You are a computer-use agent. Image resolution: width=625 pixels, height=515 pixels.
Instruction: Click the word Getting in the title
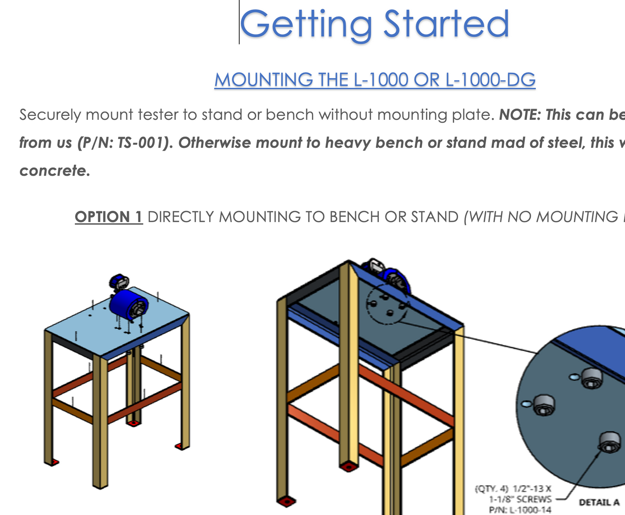[x=306, y=25]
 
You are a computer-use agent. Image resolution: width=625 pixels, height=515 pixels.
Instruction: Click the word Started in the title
[x=446, y=23]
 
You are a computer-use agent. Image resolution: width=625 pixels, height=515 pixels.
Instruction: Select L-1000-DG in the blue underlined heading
[x=490, y=80]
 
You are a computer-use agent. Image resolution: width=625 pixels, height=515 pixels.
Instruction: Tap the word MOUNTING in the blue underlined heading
[x=264, y=80]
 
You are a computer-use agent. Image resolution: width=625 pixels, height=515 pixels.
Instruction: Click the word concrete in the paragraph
[x=53, y=171]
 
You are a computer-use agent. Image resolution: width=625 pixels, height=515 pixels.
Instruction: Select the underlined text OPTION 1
[x=109, y=217]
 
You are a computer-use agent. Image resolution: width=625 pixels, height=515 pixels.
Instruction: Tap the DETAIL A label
[x=599, y=502]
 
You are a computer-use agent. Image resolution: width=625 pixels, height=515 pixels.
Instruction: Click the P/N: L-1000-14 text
[x=520, y=510]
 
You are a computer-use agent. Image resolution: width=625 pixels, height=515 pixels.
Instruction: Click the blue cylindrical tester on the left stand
[x=129, y=306]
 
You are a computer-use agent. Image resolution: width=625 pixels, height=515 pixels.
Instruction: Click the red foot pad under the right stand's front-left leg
[x=286, y=502]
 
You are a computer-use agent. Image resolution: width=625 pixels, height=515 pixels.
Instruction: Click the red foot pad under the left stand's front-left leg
[x=53, y=462]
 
